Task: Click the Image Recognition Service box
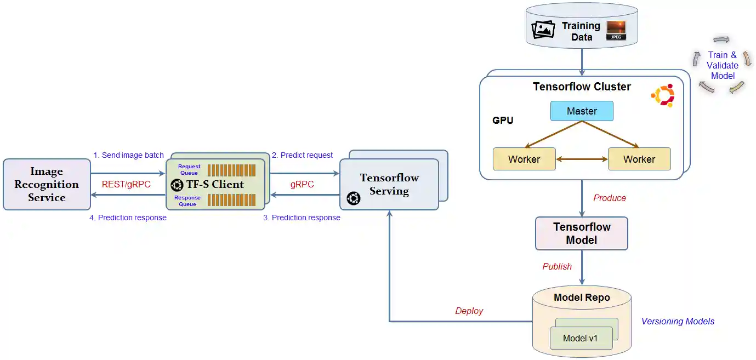(x=47, y=185)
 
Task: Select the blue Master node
(x=582, y=111)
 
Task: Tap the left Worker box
(x=524, y=159)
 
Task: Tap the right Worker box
(x=639, y=159)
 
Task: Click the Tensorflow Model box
(x=582, y=233)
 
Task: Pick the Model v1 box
(x=581, y=338)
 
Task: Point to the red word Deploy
(x=469, y=311)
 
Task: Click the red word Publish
(x=557, y=266)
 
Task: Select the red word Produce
(x=610, y=198)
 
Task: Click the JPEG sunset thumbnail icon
(x=616, y=31)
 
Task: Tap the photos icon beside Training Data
(x=543, y=30)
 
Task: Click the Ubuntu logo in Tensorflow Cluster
(x=662, y=95)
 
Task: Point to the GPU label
(x=503, y=120)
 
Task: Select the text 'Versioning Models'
(x=678, y=321)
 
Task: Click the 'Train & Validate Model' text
(x=722, y=65)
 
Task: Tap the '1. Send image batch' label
(x=128, y=155)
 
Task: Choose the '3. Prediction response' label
(x=302, y=218)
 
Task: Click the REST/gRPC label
(x=126, y=185)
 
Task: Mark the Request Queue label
(x=189, y=169)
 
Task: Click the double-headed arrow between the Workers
(x=582, y=159)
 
